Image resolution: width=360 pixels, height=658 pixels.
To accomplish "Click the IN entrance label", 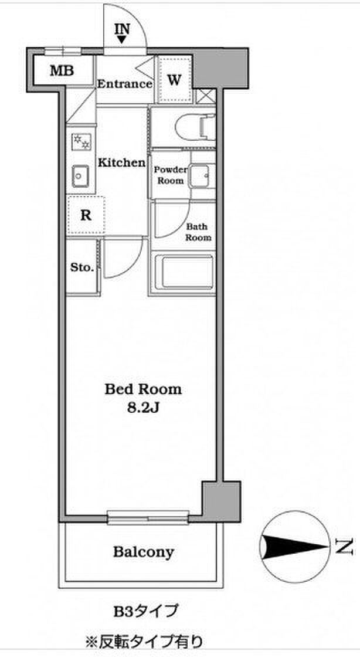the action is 122,29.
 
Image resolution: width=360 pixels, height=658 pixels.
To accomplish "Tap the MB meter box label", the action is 62,70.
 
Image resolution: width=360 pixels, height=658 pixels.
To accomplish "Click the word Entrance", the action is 125,83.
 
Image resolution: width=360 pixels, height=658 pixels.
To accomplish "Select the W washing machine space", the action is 175,79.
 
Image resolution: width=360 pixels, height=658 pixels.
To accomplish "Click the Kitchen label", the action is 122,162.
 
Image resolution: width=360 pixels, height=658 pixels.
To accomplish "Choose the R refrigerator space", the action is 86,215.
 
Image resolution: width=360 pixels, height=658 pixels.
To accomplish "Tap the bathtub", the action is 182,272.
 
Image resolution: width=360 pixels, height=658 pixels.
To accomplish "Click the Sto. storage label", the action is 82,267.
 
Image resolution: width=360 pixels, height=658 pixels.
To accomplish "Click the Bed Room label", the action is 143,389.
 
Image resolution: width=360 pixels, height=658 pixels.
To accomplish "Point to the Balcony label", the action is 144,552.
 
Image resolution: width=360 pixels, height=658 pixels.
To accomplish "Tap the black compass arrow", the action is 294,546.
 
